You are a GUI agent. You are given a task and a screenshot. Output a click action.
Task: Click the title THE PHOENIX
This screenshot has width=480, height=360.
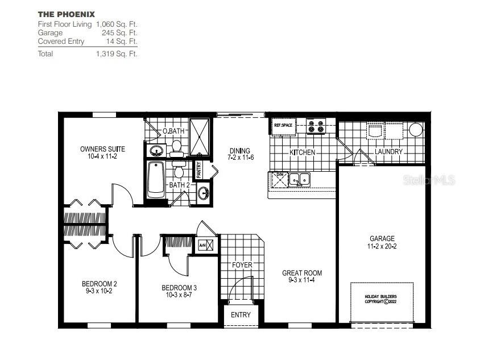pyautogui.click(x=67, y=14)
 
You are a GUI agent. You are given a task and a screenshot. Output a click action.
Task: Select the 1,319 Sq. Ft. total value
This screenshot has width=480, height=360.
pyautogui.click(x=117, y=54)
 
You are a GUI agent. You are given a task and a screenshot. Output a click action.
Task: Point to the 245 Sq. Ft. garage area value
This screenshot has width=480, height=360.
pyautogui.click(x=123, y=33)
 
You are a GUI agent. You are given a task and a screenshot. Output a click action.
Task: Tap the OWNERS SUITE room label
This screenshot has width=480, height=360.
pyautogui.click(x=102, y=149)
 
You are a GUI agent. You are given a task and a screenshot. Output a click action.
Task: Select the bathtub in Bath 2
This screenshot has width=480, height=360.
pyautogui.click(x=156, y=180)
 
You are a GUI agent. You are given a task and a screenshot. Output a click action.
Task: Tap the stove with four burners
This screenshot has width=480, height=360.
pyautogui.click(x=316, y=126)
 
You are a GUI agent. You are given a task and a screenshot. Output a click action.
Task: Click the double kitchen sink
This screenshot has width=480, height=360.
pyautogui.click(x=299, y=180)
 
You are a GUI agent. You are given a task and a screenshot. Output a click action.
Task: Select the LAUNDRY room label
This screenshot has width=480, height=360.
pyautogui.click(x=389, y=152)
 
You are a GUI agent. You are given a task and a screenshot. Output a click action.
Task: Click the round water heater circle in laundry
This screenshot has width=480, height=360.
pyautogui.click(x=416, y=130)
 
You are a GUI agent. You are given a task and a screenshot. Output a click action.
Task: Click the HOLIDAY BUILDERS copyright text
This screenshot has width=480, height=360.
pyautogui.click(x=380, y=299)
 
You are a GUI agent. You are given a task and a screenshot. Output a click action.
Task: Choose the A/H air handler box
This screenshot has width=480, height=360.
pyautogui.click(x=205, y=246)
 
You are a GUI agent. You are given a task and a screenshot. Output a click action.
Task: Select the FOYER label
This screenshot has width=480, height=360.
pyautogui.click(x=242, y=265)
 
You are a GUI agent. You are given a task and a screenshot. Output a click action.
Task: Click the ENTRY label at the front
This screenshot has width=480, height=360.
pyautogui.click(x=241, y=315)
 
